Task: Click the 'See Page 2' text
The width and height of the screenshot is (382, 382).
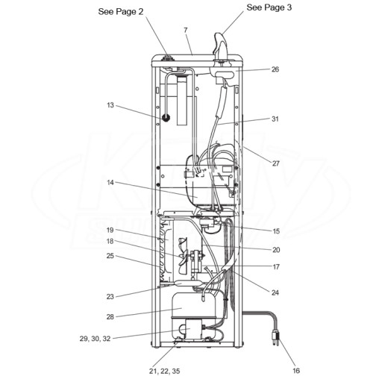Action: (x=121, y=11)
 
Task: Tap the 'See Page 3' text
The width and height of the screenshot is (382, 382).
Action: (x=269, y=7)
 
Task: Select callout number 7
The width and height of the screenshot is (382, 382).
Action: (x=186, y=30)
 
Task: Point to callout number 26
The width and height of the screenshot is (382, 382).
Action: (x=275, y=69)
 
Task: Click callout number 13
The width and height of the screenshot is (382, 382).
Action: (x=110, y=105)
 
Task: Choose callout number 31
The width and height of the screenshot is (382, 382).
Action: (x=275, y=119)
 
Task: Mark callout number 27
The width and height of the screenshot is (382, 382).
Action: (x=275, y=163)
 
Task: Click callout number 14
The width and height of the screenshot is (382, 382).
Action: (x=110, y=183)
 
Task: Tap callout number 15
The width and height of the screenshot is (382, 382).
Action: (x=276, y=231)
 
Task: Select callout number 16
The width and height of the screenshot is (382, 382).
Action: (x=296, y=371)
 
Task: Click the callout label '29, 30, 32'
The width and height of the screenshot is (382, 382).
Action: (x=95, y=339)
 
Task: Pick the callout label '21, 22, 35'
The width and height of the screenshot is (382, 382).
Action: (x=164, y=372)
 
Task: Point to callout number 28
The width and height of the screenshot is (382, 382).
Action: (x=110, y=317)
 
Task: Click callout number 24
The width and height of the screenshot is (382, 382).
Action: (x=275, y=292)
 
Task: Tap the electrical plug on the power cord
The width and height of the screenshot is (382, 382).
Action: (x=275, y=339)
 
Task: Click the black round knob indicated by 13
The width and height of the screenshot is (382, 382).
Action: (x=166, y=118)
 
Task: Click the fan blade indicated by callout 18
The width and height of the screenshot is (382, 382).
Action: (x=184, y=256)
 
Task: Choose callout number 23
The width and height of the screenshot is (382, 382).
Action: (x=110, y=296)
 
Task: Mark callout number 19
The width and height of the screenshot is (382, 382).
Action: (x=110, y=230)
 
